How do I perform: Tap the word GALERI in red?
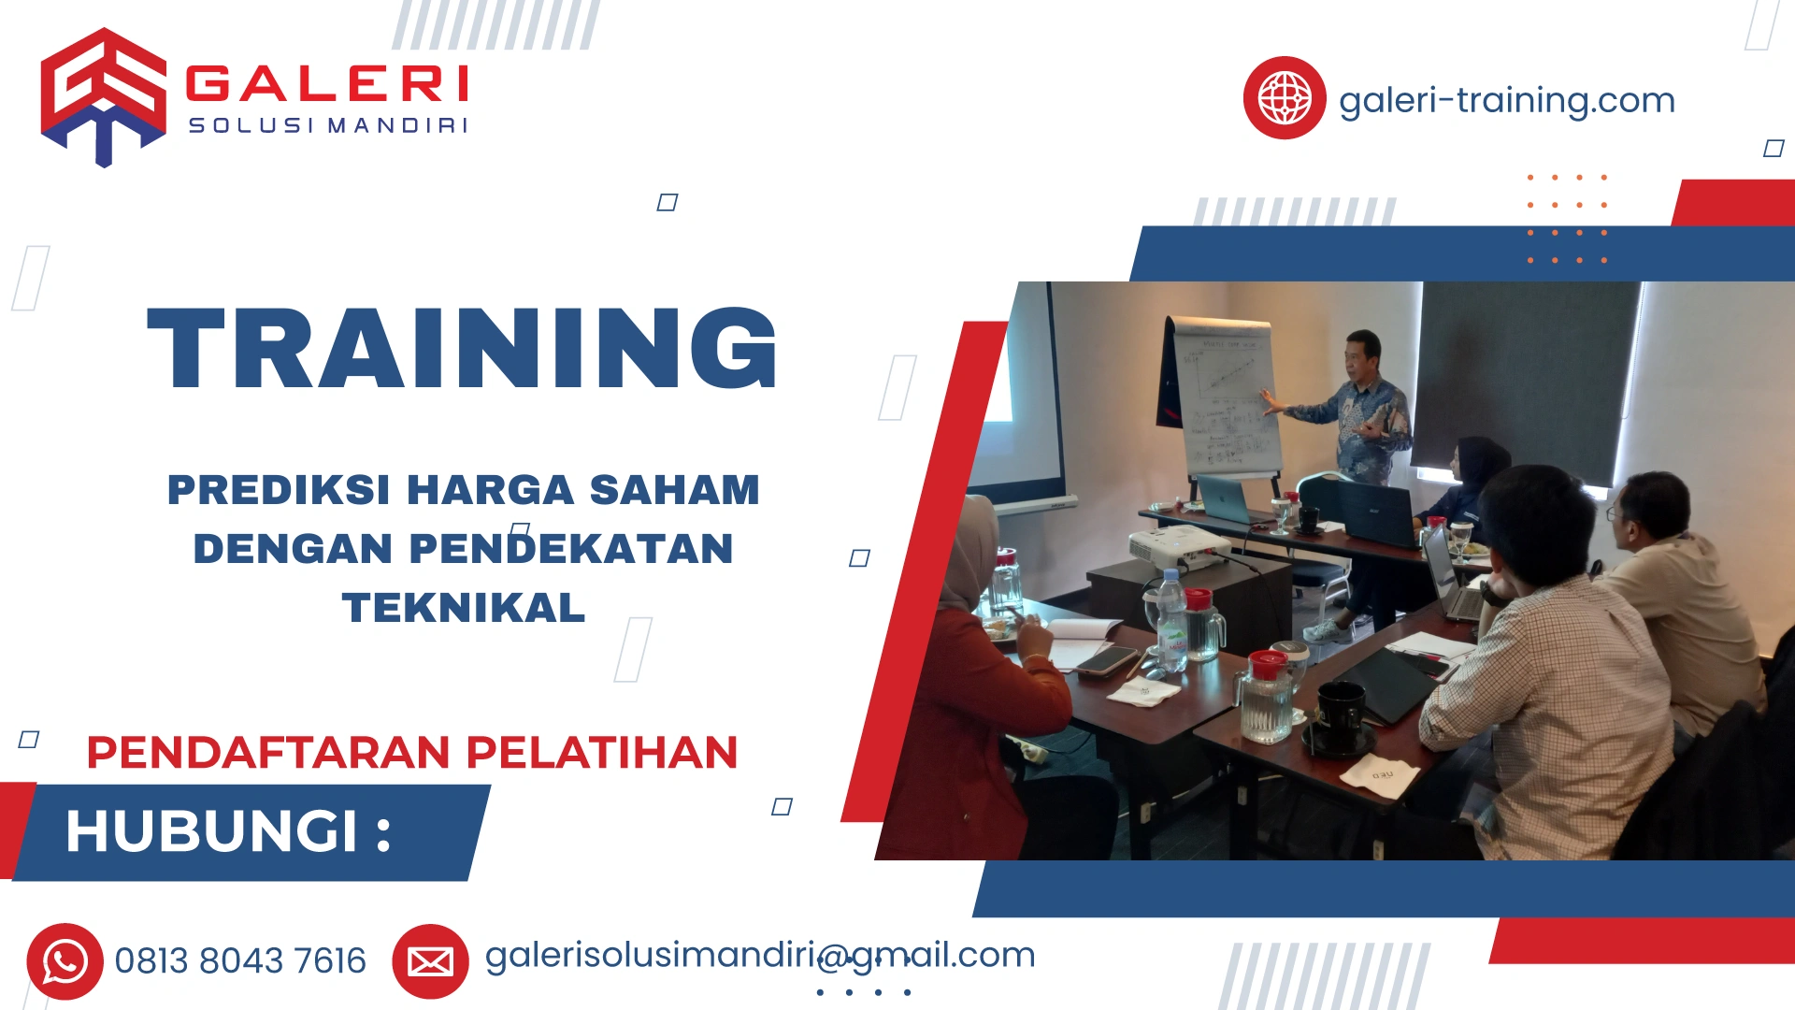point(326,83)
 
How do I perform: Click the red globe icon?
point(1284,97)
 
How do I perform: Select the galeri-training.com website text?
point(1506,100)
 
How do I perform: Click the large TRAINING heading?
point(462,348)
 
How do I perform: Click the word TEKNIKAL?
point(464,608)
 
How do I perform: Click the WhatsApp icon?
point(65,961)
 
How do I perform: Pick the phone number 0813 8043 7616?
point(240,961)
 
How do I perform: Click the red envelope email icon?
point(430,961)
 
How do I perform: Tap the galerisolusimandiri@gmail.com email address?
point(759,955)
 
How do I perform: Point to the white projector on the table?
point(1179,547)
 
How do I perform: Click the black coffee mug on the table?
point(1341,716)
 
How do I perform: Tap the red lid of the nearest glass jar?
point(1268,665)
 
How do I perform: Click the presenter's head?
point(1364,351)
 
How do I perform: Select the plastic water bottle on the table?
point(1170,621)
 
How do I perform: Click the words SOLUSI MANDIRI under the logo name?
point(327,125)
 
